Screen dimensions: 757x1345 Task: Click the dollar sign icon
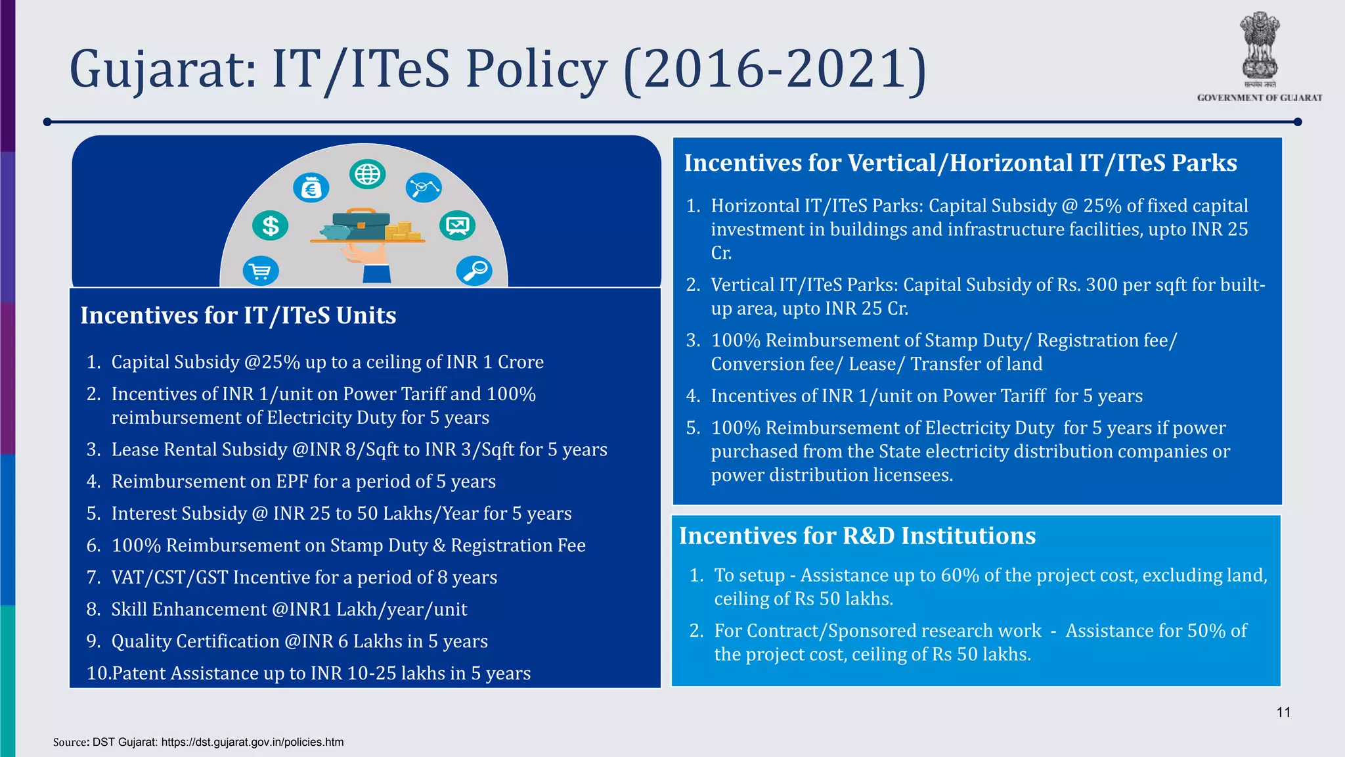tap(270, 226)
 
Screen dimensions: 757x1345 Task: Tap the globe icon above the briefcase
tap(367, 175)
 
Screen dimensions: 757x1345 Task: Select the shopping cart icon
tap(261, 271)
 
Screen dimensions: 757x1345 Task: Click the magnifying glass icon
tap(474, 270)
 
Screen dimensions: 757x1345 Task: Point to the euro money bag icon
tap(311, 189)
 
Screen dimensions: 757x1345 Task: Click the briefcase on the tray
tap(361, 224)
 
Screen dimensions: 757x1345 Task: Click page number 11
tap(1283, 712)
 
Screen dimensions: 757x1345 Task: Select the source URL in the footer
tap(252, 742)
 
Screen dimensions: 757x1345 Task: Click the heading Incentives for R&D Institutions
tap(857, 536)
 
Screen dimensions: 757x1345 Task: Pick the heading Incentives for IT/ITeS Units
tap(238, 315)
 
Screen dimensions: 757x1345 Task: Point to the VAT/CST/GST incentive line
tap(303, 577)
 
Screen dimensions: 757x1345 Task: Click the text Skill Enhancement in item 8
tap(188, 609)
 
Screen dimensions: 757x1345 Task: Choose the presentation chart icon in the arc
tap(457, 226)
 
